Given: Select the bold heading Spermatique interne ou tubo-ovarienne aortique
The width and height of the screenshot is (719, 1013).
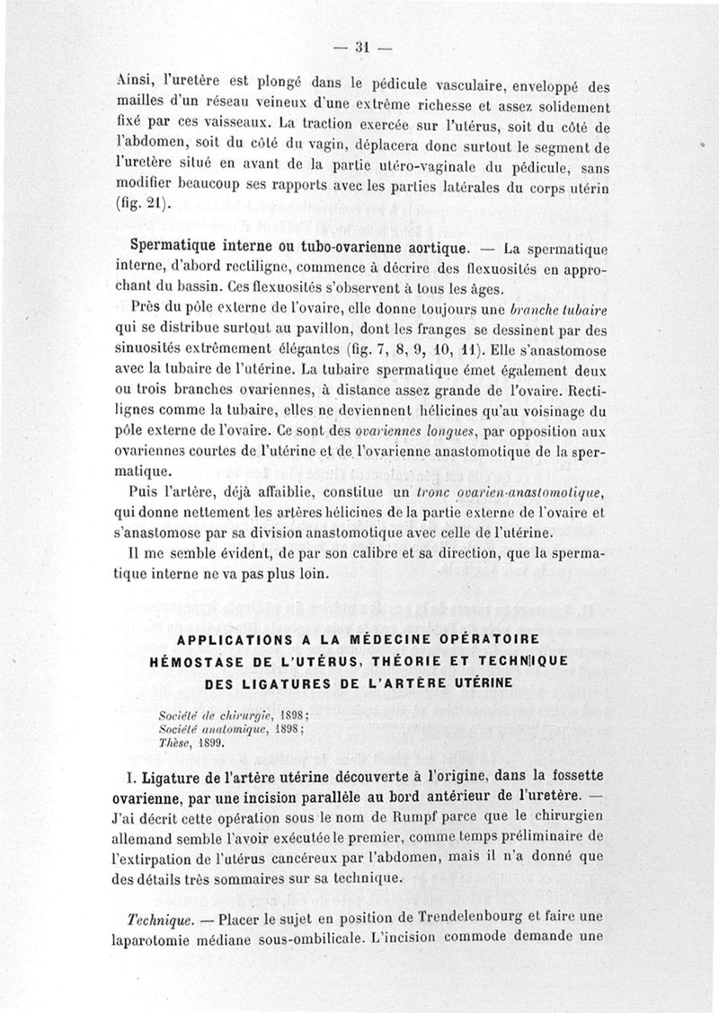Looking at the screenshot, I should pos(297,247).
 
